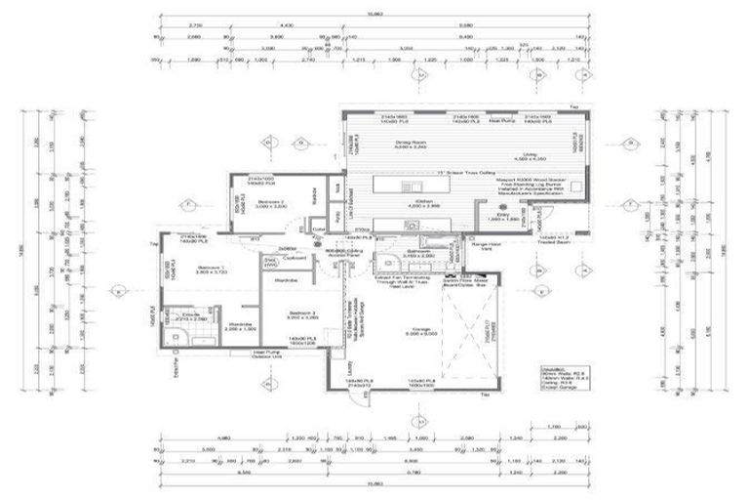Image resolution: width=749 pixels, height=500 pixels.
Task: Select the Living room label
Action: click(532, 155)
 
